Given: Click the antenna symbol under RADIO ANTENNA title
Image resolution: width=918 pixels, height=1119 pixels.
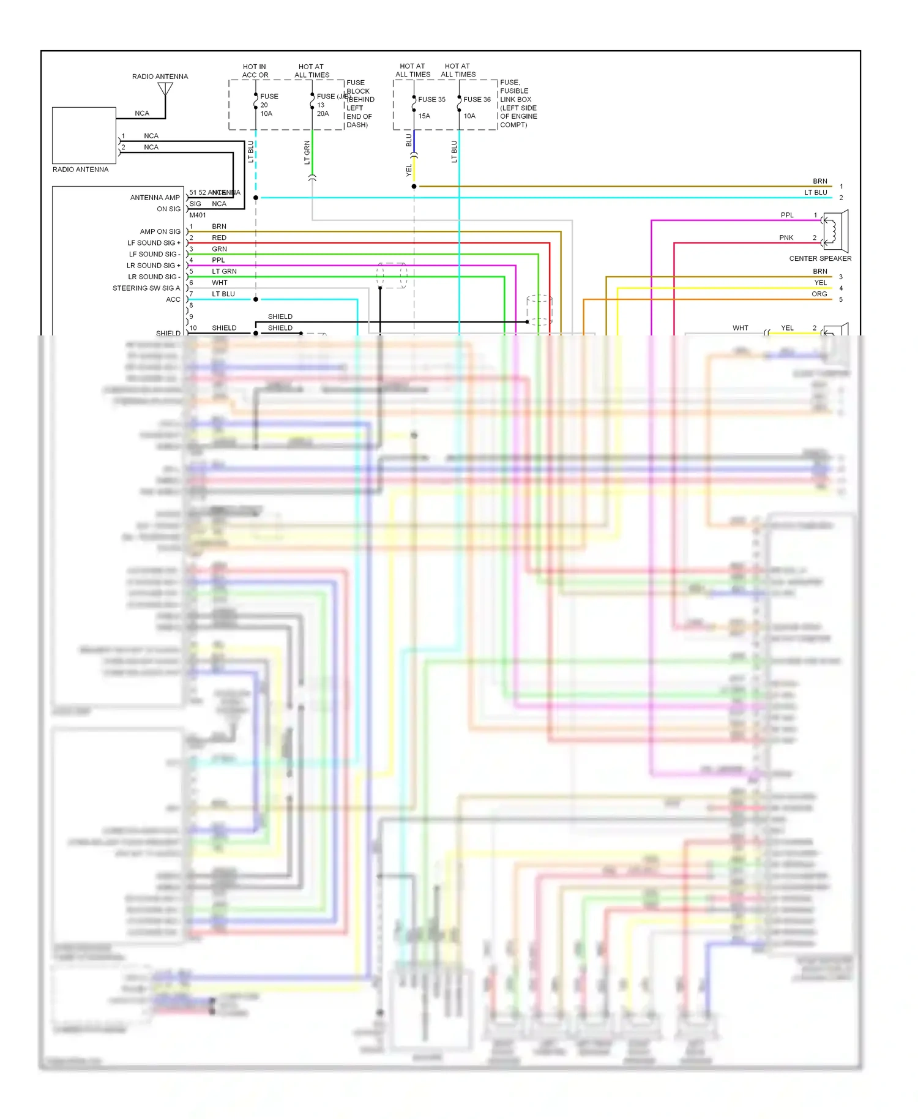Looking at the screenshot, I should [165, 89].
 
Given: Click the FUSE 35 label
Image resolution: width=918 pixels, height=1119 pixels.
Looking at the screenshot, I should [431, 99].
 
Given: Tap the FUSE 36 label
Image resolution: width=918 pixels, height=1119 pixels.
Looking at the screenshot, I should [477, 99].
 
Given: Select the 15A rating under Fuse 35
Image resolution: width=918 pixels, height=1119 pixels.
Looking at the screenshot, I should [424, 116].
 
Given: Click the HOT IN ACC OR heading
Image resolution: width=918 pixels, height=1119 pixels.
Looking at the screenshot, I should [255, 71].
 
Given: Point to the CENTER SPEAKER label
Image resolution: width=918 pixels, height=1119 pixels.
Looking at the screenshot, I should [819, 258].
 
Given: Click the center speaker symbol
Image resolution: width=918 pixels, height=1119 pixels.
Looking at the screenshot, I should [836, 231].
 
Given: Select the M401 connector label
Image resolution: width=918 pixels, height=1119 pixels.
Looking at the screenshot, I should [198, 215].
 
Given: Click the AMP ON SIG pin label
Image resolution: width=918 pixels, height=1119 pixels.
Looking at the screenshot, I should [160, 231].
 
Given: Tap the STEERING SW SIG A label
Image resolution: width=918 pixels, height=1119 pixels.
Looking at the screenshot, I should [146, 288].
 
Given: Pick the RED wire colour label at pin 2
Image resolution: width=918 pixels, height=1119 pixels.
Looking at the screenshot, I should [219, 238].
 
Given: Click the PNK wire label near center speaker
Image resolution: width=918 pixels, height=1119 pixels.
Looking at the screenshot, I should [786, 238].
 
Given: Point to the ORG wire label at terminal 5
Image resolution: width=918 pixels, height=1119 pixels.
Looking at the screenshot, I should [819, 294].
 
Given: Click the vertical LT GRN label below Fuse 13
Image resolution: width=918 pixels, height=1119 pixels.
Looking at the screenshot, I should [307, 152].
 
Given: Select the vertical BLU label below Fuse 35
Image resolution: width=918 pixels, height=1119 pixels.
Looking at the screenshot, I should [409, 140].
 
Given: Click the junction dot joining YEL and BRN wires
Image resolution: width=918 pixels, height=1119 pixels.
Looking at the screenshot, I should [414, 186].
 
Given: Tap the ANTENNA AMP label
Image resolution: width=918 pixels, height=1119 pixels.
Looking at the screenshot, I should [155, 197].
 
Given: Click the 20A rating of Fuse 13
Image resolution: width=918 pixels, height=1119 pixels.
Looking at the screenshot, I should [323, 113].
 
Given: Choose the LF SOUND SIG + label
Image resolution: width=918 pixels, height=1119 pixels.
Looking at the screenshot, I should [154, 243].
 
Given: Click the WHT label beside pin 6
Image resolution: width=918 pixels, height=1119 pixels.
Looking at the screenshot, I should [219, 283].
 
